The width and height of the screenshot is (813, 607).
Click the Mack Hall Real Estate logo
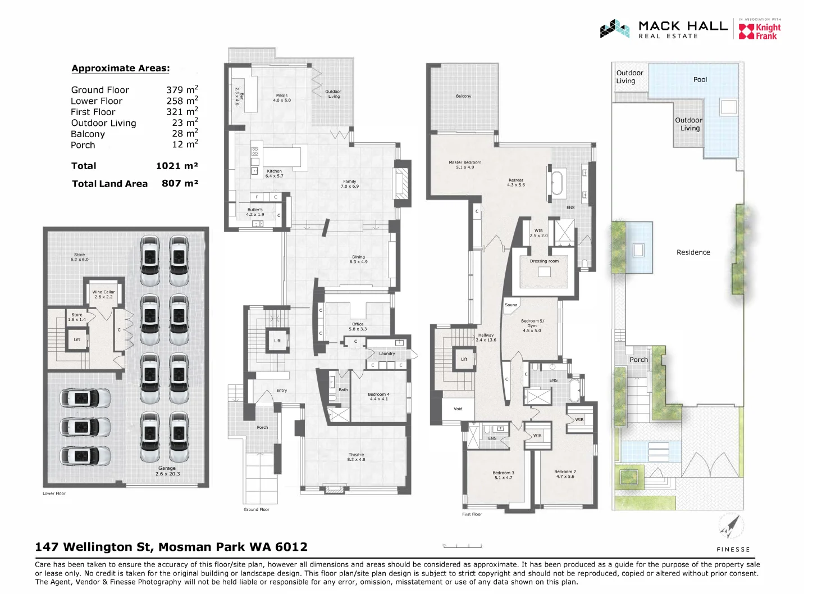(x=664, y=29)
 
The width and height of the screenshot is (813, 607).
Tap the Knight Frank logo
(x=759, y=31)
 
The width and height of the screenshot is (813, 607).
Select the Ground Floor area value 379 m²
(x=182, y=90)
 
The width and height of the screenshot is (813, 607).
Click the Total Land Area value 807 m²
(x=180, y=183)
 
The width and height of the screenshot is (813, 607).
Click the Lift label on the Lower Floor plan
(x=77, y=339)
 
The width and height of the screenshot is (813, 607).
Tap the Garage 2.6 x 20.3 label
(x=167, y=471)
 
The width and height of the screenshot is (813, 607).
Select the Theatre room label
(x=356, y=457)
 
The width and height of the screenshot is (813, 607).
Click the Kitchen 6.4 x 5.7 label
(x=274, y=173)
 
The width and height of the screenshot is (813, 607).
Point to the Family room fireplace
(x=402, y=183)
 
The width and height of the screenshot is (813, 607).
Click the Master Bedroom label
(x=465, y=164)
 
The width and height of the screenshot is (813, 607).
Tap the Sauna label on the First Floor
(x=511, y=305)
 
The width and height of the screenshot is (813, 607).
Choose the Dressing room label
(x=544, y=261)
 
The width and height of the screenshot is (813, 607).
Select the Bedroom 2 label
(x=565, y=474)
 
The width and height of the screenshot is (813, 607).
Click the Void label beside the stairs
(x=458, y=409)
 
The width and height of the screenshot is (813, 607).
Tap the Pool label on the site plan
(x=700, y=79)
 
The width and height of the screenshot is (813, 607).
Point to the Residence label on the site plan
(x=693, y=252)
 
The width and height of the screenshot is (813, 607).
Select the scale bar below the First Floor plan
(x=462, y=545)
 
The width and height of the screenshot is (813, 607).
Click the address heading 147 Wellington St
(x=171, y=547)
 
